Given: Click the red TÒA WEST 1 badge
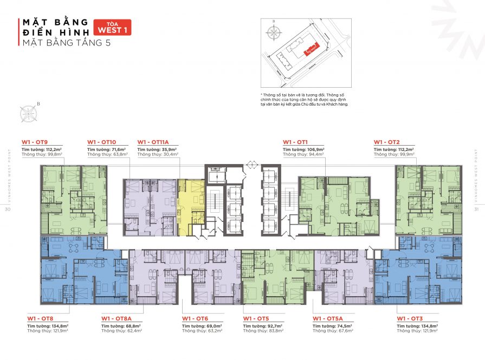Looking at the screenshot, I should [112, 27].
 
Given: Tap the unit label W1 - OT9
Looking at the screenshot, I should [33, 142].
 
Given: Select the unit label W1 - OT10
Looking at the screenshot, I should [101, 142].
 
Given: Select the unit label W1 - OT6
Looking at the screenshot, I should [195, 319].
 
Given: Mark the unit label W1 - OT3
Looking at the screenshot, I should [410, 319].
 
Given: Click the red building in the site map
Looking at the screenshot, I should [312, 50].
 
